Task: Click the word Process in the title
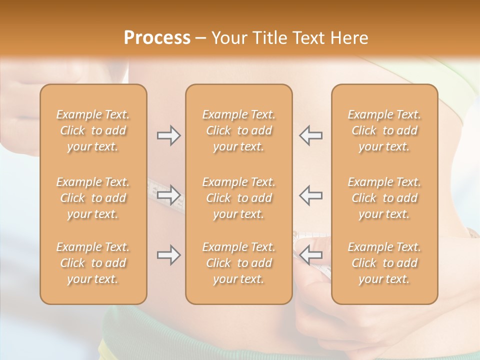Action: click(x=157, y=38)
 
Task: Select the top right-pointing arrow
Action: click(x=168, y=135)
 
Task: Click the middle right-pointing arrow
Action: click(x=168, y=195)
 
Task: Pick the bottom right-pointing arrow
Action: click(x=168, y=255)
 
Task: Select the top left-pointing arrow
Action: click(x=310, y=135)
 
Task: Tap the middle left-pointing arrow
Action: click(x=310, y=195)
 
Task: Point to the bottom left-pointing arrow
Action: click(x=310, y=255)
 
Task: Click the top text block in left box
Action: click(x=93, y=130)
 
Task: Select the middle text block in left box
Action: click(x=93, y=198)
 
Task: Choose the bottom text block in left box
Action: click(x=93, y=263)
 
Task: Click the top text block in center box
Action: click(x=239, y=130)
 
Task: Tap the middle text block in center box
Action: click(x=239, y=198)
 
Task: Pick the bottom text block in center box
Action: click(x=239, y=263)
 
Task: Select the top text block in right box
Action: click(x=384, y=130)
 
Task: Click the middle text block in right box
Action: click(x=384, y=198)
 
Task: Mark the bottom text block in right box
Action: click(x=384, y=263)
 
